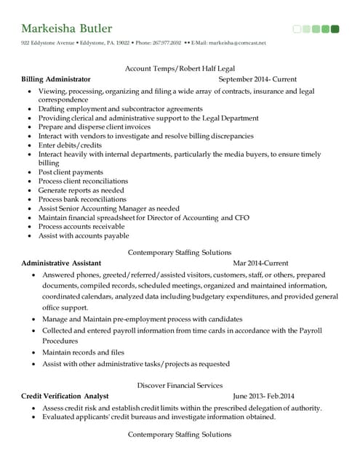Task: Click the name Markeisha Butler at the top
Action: (67, 29)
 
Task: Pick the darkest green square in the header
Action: (335, 29)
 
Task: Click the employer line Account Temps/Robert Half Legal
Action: (179, 68)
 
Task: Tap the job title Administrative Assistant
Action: (61, 263)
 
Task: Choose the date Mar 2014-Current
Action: (260, 263)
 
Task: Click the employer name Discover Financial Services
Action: (180, 385)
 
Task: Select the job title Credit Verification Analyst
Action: (65, 396)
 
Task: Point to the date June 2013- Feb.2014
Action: (263, 396)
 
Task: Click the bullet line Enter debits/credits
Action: (71, 145)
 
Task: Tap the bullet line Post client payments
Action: (71, 172)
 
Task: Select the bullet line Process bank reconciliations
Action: (82, 199)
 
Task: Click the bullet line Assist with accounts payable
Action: (84, 235)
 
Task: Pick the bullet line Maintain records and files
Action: (84, 352)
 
